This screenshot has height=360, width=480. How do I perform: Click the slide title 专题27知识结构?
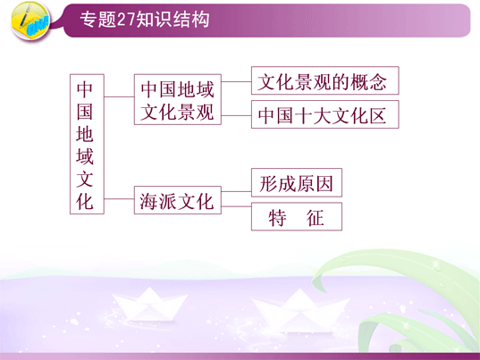(145, 20)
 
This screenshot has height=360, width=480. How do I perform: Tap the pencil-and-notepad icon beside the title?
(30, 21)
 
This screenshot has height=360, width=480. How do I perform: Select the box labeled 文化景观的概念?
(325, 80)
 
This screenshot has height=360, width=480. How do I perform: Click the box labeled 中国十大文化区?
(325, 114)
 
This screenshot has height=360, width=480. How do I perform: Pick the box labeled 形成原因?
(297, 182)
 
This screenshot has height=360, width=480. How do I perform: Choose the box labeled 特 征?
(297, 216)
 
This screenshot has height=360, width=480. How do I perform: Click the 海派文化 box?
(178, 200)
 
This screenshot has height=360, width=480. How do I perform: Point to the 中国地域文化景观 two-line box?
(178, 99)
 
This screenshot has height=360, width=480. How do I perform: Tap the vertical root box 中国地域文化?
(87, 144)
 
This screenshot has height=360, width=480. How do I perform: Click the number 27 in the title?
(126, 21)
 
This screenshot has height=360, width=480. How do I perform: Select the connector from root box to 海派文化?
(119, 199)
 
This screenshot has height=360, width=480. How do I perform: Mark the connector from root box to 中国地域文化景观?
(119, 96)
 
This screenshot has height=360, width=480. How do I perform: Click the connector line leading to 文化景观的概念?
(236, 81)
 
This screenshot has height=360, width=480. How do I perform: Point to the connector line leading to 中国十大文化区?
(236, 115)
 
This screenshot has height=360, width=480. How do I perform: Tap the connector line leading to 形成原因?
(236, 191)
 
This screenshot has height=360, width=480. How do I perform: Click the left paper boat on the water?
(149, 304)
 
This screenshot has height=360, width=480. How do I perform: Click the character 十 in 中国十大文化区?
(303, 115)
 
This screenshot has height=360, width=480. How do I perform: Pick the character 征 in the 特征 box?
(316, 217)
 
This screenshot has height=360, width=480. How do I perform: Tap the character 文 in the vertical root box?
(85, 179)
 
